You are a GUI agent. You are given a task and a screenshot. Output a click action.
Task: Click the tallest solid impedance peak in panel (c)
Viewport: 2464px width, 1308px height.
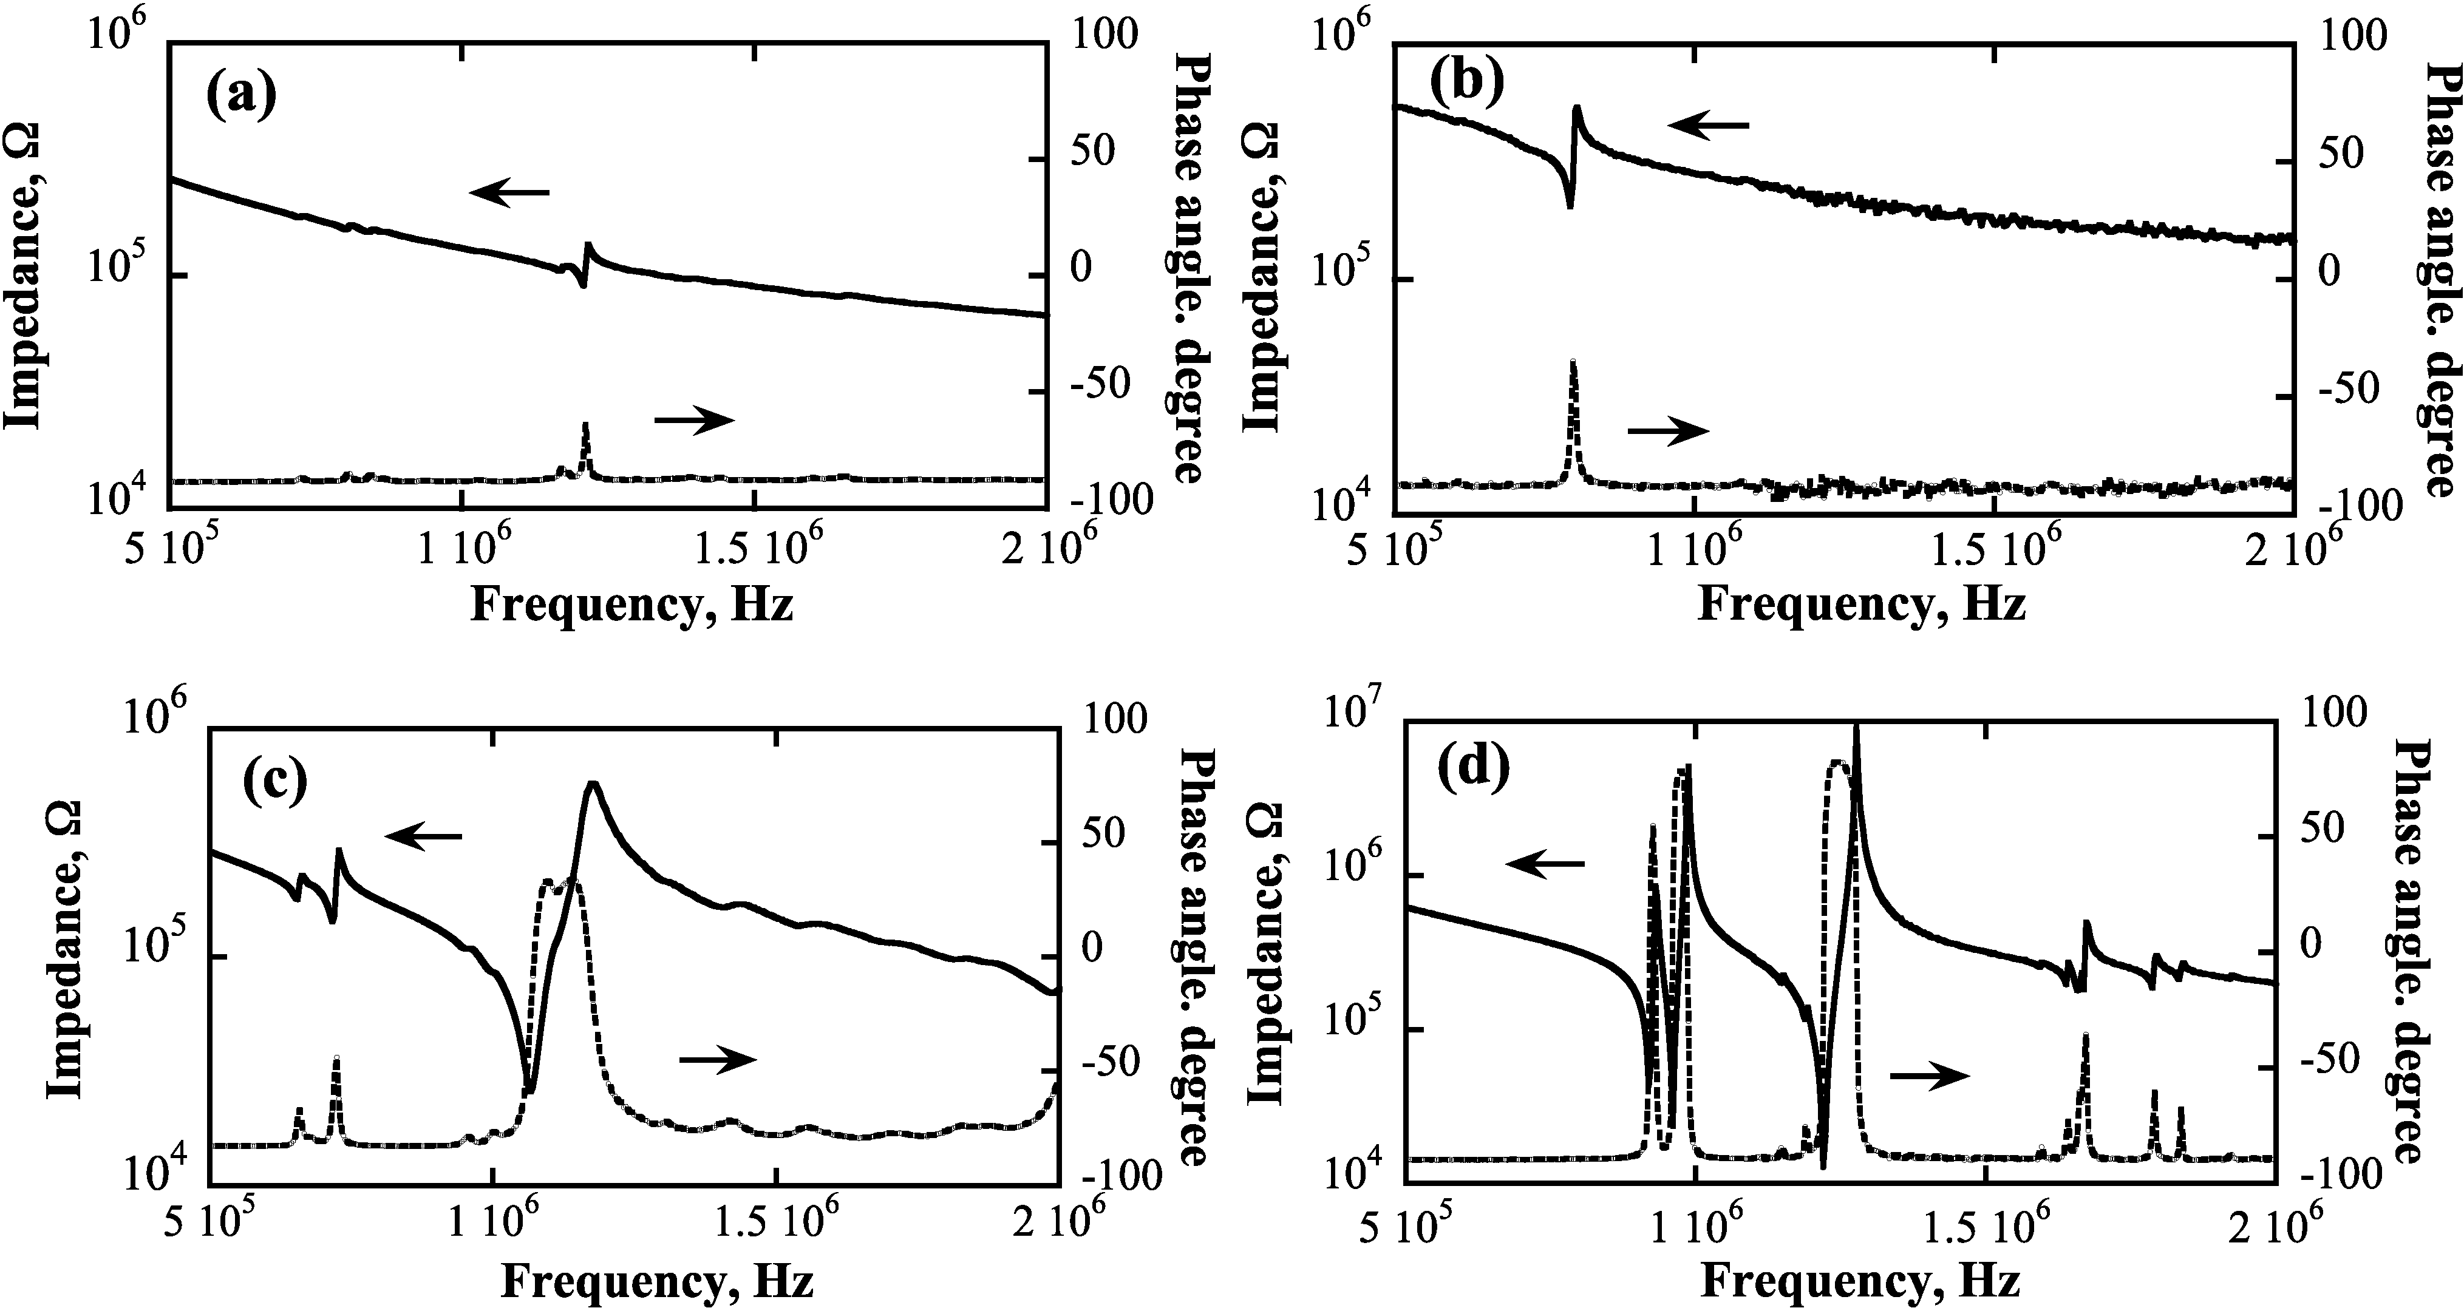[592, 784]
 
